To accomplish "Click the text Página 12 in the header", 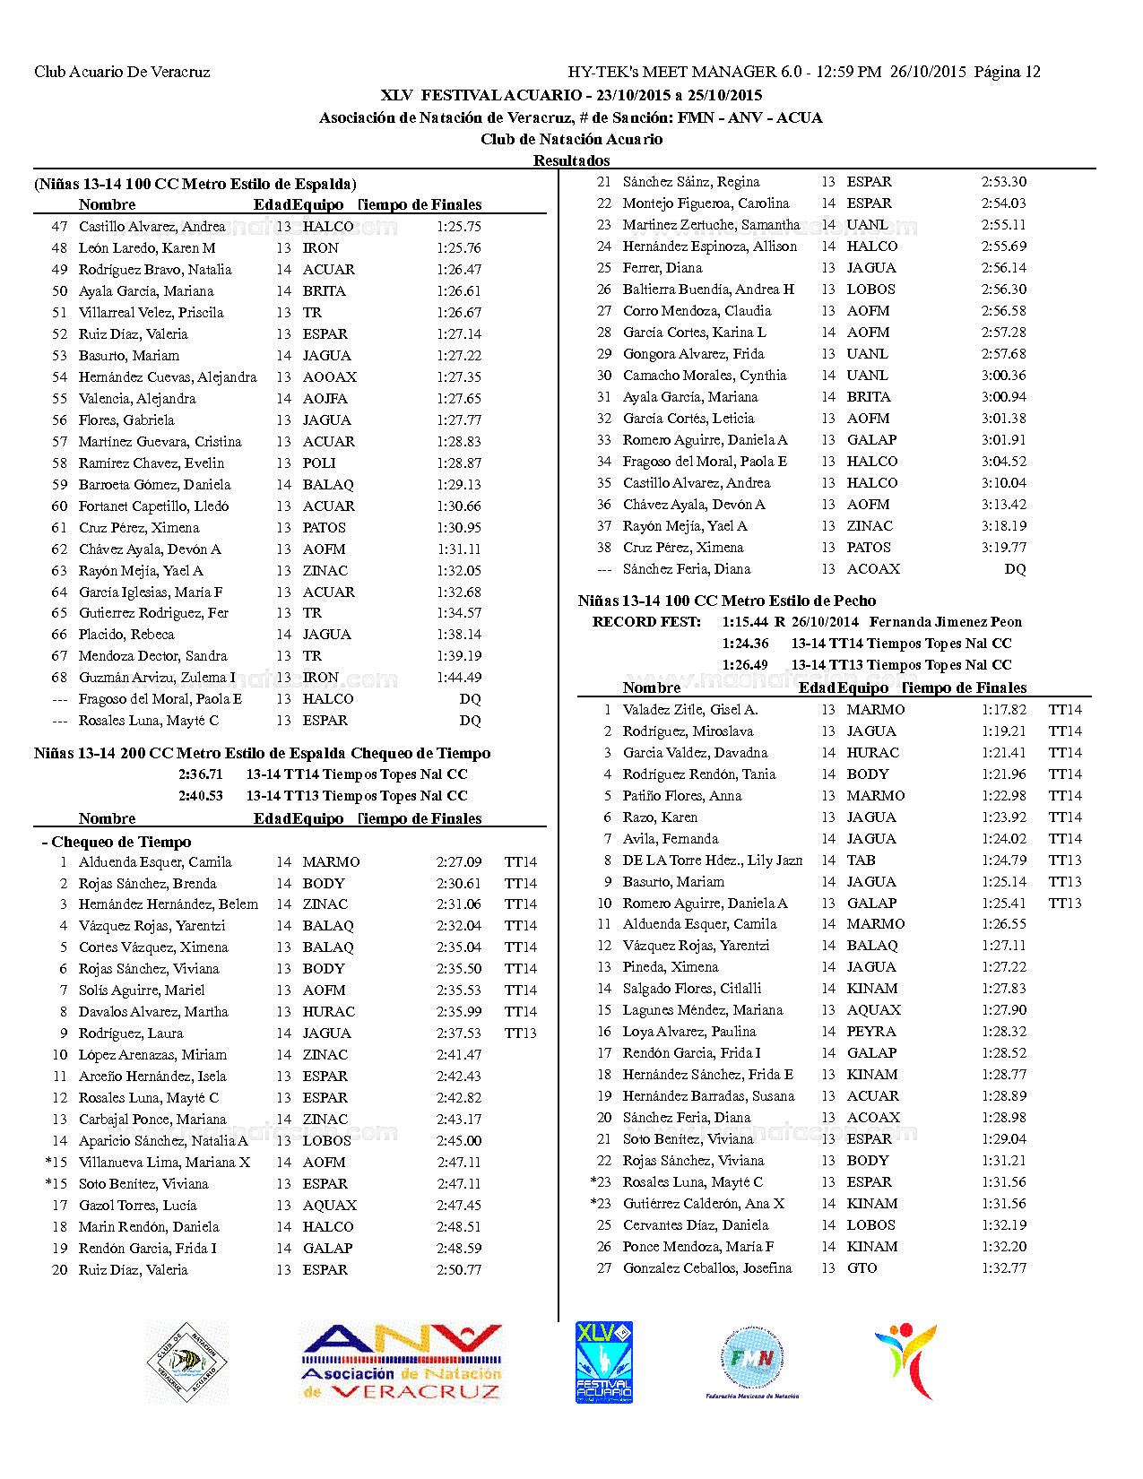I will point(1007,72).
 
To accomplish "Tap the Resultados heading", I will point(571,160).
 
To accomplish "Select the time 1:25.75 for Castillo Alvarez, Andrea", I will point(459,227).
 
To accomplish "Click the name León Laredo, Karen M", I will point(147,248).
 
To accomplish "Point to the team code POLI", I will point(319,463).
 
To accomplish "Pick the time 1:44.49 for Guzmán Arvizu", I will point(459,678).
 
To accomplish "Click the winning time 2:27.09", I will point(459,862).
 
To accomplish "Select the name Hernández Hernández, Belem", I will point(169,904).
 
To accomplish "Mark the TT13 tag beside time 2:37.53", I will point(520,1034).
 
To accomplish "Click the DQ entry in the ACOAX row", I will point(1015,569).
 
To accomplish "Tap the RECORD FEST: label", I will point(646,622).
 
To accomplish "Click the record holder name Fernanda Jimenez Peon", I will point(946,622).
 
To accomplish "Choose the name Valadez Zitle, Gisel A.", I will point(690,710).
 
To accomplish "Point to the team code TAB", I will point(862,861).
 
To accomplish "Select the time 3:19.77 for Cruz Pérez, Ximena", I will point(1004,548).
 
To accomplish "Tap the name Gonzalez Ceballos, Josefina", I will point(707,1268).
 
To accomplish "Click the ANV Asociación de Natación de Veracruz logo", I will point(402,1362).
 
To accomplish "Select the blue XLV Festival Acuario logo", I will point(604,1362).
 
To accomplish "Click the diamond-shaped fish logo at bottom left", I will point(187,1362).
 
